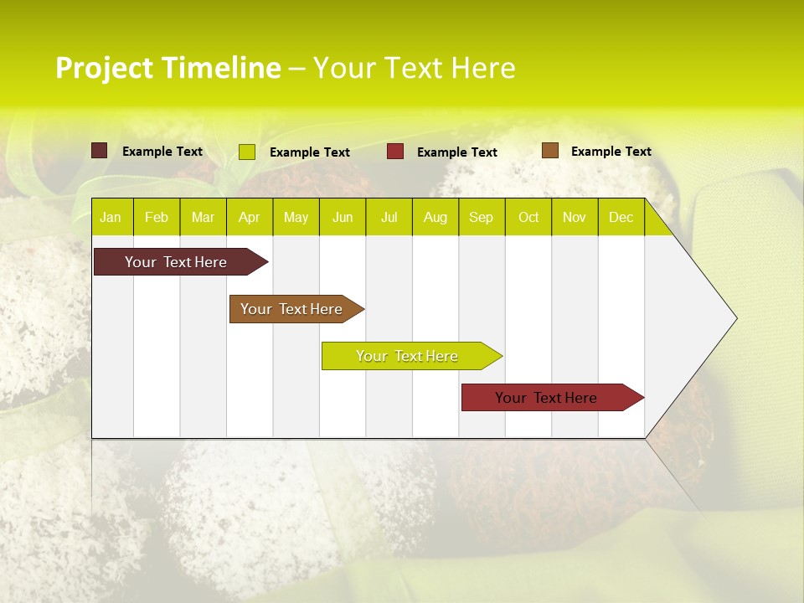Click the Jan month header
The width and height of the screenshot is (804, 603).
111,217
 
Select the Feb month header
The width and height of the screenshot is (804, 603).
157,217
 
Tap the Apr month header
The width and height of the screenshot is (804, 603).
249,217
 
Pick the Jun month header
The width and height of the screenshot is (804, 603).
343,217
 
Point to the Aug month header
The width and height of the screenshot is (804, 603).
435,217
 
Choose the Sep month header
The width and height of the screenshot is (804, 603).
481,217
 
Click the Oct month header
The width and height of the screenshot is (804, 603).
528,217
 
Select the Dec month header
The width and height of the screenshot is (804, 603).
621,217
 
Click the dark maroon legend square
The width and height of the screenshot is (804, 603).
99,151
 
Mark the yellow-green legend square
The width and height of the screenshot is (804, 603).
246,152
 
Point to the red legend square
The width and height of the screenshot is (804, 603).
395,152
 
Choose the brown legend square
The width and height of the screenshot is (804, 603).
549,151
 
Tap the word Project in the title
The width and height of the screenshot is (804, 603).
105,68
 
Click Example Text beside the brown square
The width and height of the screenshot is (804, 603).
611,151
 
